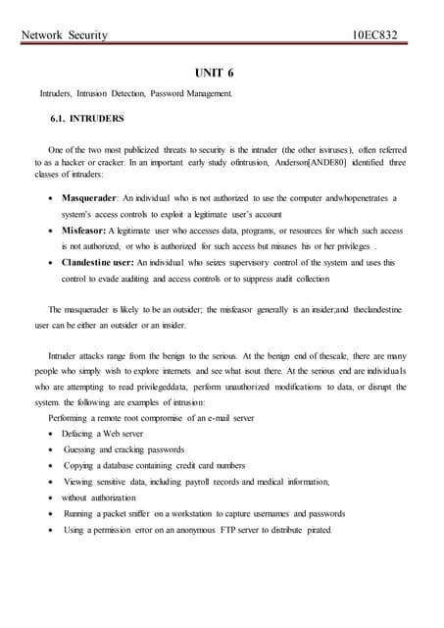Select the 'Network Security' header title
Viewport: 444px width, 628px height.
[x=63, y=36]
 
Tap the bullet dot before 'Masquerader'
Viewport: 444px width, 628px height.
[x=51, y=198]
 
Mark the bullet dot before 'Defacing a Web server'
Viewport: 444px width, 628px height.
[x=51, y=433]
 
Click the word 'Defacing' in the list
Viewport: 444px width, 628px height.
[x=77, y=433]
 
